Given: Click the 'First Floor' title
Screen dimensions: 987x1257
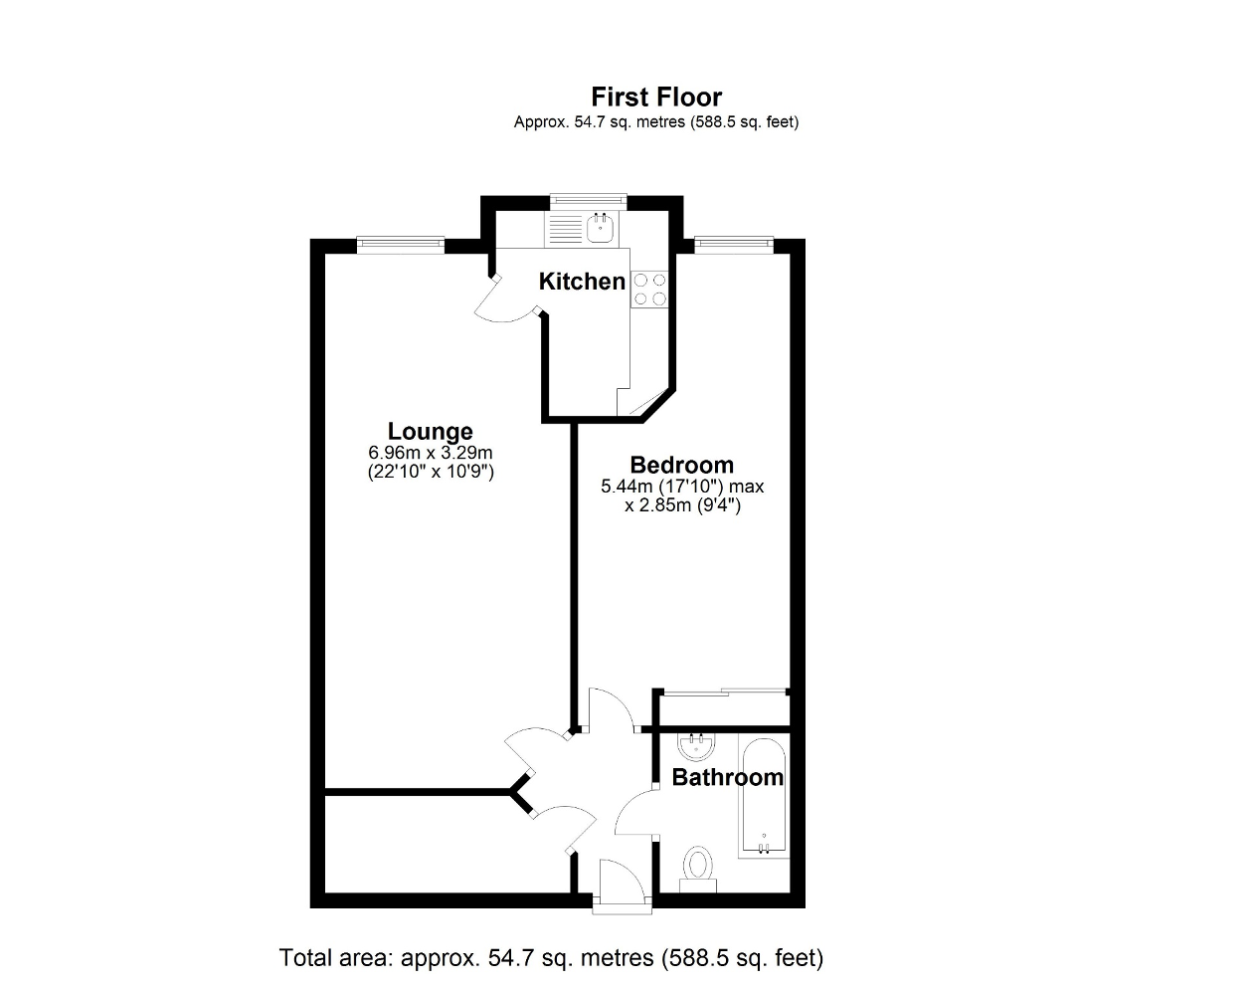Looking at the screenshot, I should point(656,97).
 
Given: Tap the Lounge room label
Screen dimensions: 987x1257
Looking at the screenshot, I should point(430,431).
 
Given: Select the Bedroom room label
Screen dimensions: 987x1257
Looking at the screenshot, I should point(682,465).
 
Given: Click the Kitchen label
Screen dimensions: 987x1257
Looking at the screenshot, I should point(582,282).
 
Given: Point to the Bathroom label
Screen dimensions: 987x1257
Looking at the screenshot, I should point(728,777).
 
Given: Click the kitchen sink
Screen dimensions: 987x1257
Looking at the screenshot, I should point(601,229).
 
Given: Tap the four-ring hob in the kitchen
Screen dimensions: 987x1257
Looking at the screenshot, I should point(649,290).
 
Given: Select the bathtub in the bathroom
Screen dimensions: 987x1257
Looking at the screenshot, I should point(764,798).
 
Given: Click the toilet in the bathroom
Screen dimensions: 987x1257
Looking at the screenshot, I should point(698,867).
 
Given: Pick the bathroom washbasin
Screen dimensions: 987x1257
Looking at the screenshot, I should point(695,746).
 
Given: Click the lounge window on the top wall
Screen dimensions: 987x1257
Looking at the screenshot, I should point(400,243).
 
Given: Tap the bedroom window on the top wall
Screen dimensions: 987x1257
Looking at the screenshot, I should point(733,243).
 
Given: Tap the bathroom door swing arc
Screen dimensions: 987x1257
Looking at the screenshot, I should point(634,810).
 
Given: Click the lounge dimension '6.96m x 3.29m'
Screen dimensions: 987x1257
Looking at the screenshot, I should point(430,453).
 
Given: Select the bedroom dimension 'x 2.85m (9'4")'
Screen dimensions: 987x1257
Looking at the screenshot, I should point(682,505).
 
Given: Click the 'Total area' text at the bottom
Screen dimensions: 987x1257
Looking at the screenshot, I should point(551,958).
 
